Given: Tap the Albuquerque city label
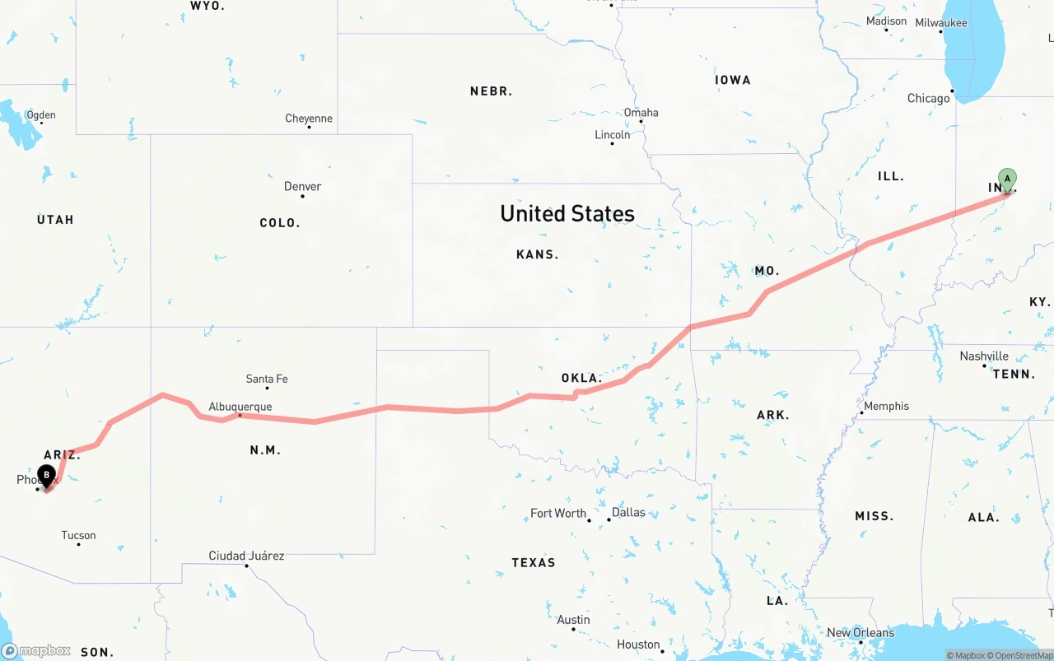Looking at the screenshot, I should [x=240, y=407].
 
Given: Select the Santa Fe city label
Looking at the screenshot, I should [x=267, y=379].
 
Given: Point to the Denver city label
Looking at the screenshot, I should [x=302, y=187].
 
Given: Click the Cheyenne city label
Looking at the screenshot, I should [x=309, y=119].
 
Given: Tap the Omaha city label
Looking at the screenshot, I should [x=641, y=113].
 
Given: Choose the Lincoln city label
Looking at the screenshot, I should [x=612, y=135].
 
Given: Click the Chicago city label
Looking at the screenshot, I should [x=928, y=99].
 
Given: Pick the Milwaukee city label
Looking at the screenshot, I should [x=941, y=23].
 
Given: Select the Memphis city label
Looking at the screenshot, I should [x=886, y=406].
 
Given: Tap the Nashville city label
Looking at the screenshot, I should [x=984, y=356].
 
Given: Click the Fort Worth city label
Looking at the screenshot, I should [x=558, y=514].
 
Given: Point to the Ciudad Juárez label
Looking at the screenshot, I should [x=246, y=556].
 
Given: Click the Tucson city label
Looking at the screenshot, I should [x=78, y=536].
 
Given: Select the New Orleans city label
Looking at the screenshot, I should [x=860, y=633].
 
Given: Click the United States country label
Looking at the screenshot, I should [x=567, y=214].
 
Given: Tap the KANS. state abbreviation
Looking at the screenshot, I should [x=537, y=255].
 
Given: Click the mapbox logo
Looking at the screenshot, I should [x=36, y=651].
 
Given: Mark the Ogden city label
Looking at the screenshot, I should [x=40, y=115].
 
